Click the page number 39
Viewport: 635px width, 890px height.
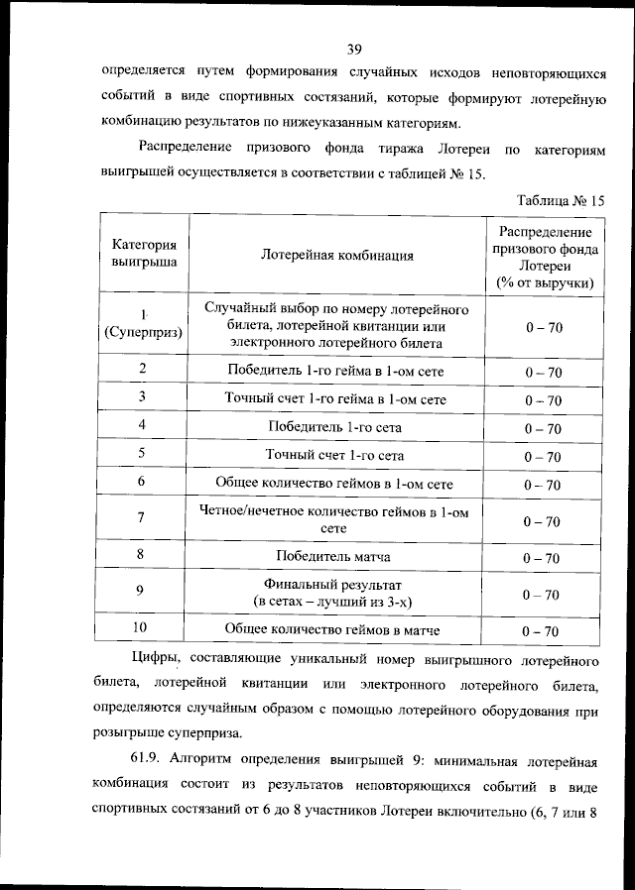coord(354,48)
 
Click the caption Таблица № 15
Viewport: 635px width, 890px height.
coord(560,199)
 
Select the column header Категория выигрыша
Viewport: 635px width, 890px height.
coord(144,255)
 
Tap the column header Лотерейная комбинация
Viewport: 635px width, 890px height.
coord(337,255)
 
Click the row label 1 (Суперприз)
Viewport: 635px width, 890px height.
coord(144,325)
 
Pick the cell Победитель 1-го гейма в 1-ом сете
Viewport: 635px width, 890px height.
coord(334,371)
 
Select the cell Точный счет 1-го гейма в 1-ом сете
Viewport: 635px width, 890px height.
coord(334,399)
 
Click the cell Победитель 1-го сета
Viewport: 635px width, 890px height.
coord(334,427)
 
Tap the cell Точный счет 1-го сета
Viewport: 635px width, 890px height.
coord(334,455)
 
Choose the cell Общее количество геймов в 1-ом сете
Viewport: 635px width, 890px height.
coord(334,484)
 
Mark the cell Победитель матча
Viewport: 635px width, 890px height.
coord(334,556)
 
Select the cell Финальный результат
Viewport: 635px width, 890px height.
coord(334,593)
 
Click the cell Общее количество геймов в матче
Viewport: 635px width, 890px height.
coord(334,629)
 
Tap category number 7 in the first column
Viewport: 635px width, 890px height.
coord(141,517)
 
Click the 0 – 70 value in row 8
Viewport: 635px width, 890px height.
coord(543,558)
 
